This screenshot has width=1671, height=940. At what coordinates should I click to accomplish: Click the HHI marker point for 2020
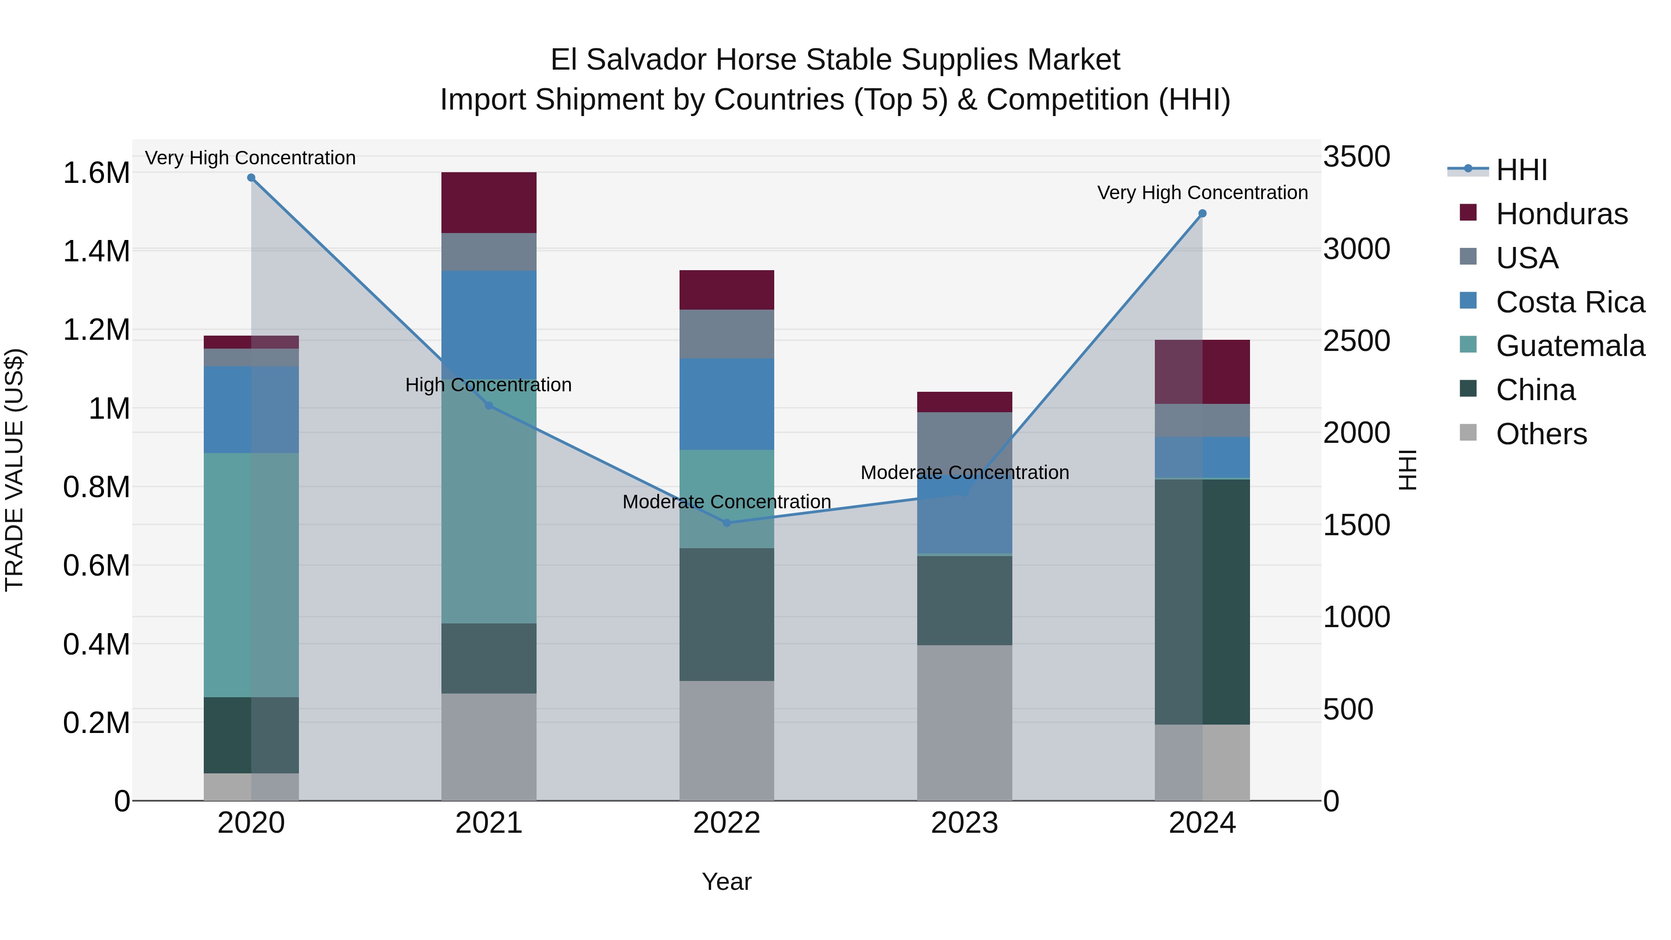[251, 178]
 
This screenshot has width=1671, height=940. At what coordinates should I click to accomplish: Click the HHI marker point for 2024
[1202, 214]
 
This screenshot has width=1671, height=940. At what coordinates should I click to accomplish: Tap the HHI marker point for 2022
[726, 523]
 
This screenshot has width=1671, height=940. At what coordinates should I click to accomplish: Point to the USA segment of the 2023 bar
[965, 441]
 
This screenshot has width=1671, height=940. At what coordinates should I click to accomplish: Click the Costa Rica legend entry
[1569, 302]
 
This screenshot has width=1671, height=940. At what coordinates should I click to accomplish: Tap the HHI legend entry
[1521, 170]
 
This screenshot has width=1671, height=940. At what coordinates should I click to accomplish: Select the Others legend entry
[1541, 434]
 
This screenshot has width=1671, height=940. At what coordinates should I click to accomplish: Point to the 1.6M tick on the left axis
[96, 173]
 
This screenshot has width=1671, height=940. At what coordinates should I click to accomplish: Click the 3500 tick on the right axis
[1356, 156]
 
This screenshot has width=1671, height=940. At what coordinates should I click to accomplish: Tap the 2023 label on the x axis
[965, 823]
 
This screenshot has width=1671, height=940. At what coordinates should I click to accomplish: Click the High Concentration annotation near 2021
[488, 385]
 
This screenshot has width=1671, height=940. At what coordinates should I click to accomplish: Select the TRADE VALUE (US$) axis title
[14, 470]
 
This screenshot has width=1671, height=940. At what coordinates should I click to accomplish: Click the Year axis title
[726, 882]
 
